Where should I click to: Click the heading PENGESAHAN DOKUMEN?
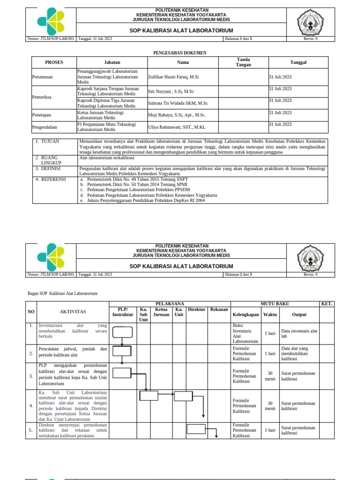(x=180, y=53)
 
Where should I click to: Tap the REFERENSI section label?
(x=53, y=179)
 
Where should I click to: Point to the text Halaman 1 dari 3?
(x=239, y=39)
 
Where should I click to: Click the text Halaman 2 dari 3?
(x=239, y=274)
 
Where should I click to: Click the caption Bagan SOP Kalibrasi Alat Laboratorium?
(x=63, y=293)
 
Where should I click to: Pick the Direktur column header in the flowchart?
(x=196, y=309)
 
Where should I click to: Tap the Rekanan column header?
(x=219, y=309)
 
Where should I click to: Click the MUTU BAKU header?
(x=275, y=304)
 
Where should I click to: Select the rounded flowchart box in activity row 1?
(x=122, y=332)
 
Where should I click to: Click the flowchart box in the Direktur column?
(x=196, y=429)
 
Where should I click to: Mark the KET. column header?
(x=327, y=304)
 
